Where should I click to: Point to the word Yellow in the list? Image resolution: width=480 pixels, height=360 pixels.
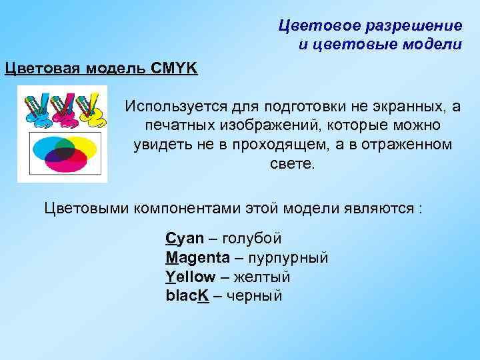pyautogui.click(x=191, y=277)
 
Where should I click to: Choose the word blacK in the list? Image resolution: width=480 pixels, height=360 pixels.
pyautogui.click(x=188, y=295)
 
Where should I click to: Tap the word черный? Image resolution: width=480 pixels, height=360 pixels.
pyautogui.click(x=255, y=295)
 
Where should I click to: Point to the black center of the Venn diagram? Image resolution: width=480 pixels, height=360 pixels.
pyautogui.click(x=63, y=152)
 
